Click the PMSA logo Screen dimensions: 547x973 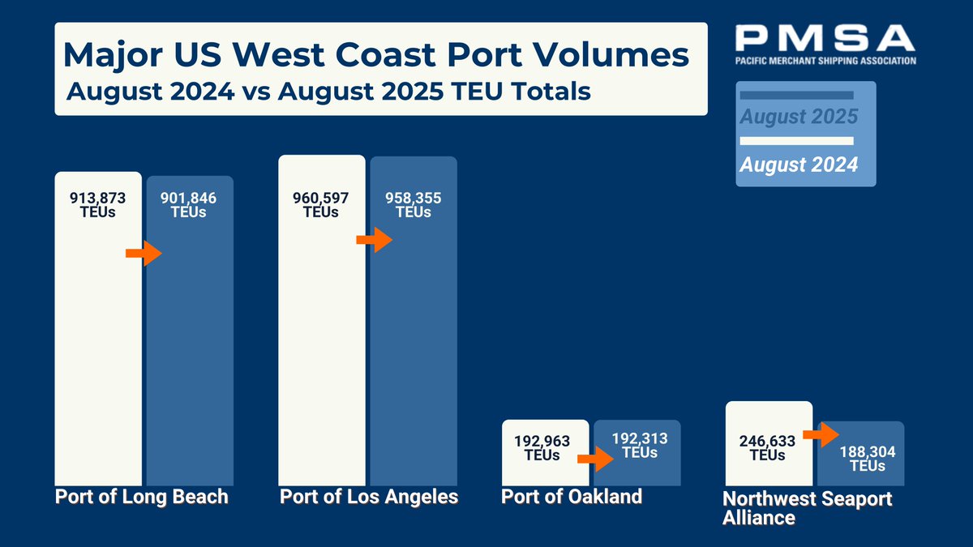click(x=825, y=45)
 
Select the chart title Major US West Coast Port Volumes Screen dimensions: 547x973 click(x=376, y=55)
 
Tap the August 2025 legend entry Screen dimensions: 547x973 click(x=799, y=117)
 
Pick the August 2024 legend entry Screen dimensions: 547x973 click(x=799, y=165)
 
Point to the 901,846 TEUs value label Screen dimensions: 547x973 click(x=189, y=205)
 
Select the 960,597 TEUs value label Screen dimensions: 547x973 click(x=321, y=205)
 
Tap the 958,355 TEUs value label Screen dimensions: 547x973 click(x=414, y=205)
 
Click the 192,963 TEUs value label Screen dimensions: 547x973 click(x=542, y=448)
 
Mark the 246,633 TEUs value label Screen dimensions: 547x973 click(x=767, y=448)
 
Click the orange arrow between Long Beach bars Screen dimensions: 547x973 click(x=144, y=254)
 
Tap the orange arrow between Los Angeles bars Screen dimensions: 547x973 click(x=374, y=240)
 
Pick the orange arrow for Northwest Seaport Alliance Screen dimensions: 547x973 click(x=821, y=434)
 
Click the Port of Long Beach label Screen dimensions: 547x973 click(x=142, y=497)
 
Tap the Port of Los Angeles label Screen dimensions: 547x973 click(x=369, y=497)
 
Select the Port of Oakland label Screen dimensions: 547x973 click(x=572, y=496)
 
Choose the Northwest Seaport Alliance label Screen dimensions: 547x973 click(x=807, y=508)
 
